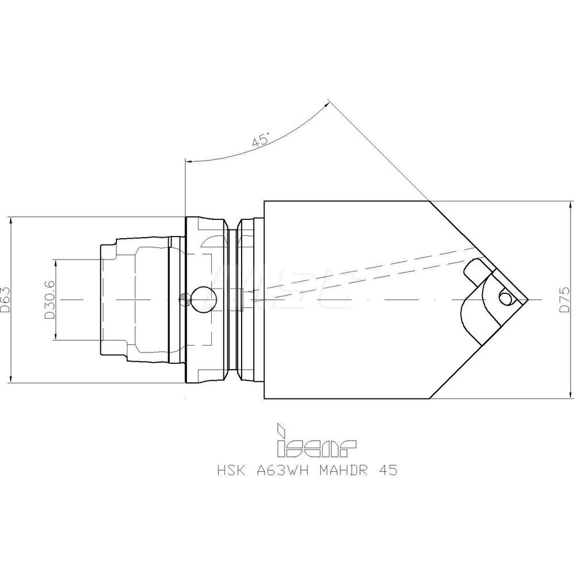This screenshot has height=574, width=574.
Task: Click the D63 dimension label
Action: click(x=6, y=300)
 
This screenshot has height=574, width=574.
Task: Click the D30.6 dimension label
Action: click(x=50, y=300)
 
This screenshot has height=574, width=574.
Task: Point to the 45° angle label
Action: click(x=261, y=140)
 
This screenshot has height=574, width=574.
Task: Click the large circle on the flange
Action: click(x=204, y=300)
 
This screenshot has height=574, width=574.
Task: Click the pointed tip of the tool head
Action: click(x=528, y=300)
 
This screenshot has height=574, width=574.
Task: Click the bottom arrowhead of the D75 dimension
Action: click(x=570, y=395)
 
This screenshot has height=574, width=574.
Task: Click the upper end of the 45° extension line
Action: click(x=328, y=102)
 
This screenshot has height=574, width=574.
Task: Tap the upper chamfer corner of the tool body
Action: click(x=430, y=201)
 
